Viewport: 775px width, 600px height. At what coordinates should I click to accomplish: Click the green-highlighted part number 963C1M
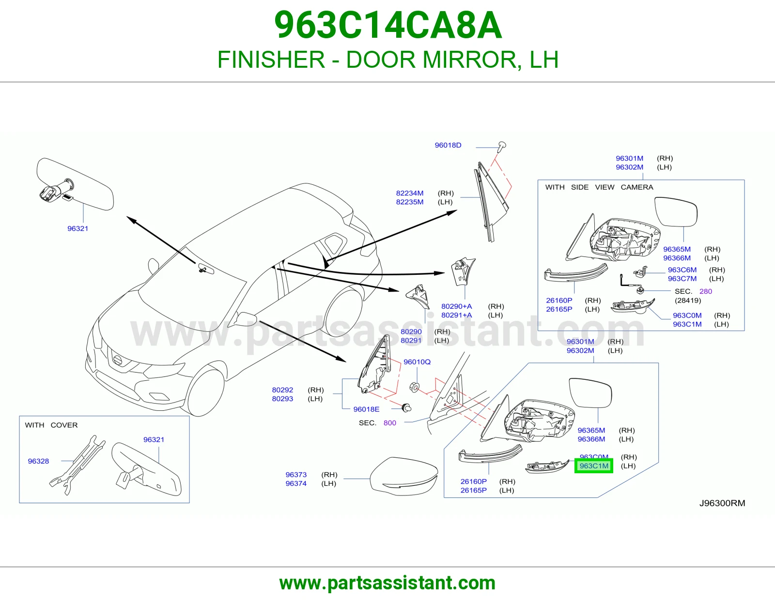tap(594, 465)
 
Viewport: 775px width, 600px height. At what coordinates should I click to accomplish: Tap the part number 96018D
tap(448, 145)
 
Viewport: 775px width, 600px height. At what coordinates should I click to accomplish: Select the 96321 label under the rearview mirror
tap(78, 228)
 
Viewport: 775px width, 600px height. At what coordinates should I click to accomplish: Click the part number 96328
tap(39, 461)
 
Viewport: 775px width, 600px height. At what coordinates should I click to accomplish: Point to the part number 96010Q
tap(417, 362)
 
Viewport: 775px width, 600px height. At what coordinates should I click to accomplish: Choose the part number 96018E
tap(366, 409)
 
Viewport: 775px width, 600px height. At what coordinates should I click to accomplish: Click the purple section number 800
tap(390, 423)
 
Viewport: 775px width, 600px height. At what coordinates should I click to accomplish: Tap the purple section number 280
tap(705, 291)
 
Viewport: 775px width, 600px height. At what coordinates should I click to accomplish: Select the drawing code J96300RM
tap(722, 503)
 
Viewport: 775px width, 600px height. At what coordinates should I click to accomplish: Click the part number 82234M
tap(410, 193)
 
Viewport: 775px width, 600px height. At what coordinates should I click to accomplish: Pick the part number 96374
tap(296, 483)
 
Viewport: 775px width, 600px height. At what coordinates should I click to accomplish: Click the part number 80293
tap(282, 399)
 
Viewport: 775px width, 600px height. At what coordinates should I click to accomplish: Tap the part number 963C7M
tap(682, 279)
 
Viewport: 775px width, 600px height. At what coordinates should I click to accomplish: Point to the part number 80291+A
tap(456, 315)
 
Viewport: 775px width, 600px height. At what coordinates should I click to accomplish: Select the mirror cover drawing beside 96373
tap(404, 476)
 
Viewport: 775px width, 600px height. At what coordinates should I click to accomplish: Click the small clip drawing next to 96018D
tap(502, 147)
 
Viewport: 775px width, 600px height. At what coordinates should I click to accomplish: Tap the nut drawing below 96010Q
tap(414, 387)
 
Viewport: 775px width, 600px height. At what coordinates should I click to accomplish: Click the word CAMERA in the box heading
tap(637, 187)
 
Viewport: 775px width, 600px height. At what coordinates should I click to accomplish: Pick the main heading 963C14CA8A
tap(388, 25)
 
